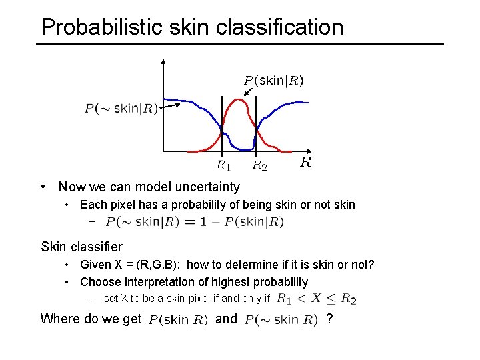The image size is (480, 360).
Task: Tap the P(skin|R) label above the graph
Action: click(x=273, y=81)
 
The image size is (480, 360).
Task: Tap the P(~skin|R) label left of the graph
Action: click(x=121, y=109)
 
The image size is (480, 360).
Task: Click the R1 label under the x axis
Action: click(x=224, y=164)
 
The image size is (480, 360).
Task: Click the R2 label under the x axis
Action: click(x=259, y=165)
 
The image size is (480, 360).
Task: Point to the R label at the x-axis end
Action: click(x=305, y=162)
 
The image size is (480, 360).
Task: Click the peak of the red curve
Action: click(x=238, y=100)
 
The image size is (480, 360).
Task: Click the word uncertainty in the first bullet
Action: click(x=205, y=187)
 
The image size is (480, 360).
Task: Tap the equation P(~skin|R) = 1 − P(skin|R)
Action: click(x=195, y=222)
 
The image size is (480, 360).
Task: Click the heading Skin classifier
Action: click(x=81, y=247)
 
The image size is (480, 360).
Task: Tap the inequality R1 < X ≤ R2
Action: click(x=317, y=299)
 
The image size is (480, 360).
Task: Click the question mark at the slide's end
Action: click(x=329, y=319)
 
